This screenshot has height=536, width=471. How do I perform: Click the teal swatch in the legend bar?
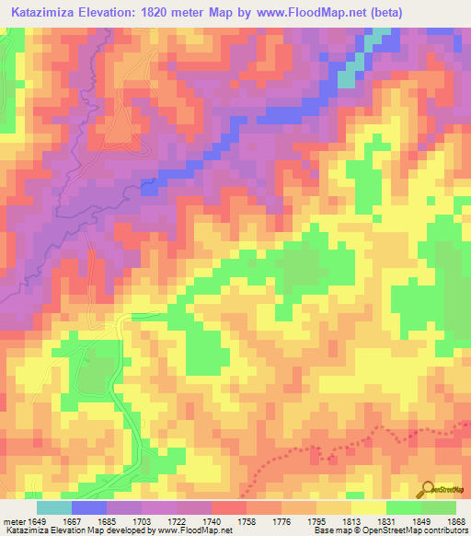(54, 507)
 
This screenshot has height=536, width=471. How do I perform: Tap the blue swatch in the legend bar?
(89, 507)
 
